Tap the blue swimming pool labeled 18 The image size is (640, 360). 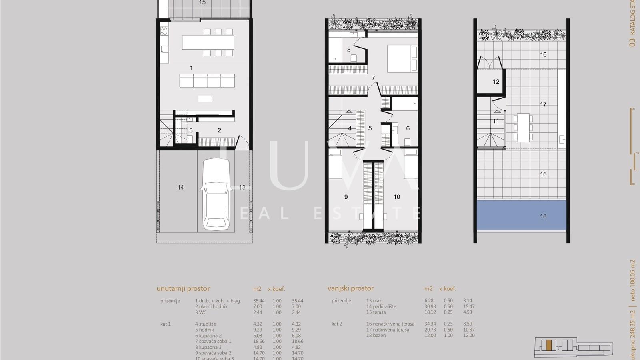click(x=521, y=215)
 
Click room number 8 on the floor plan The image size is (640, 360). click(x=349, y=50)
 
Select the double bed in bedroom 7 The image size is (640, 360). click(x=402, y=58)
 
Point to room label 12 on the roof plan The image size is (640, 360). click(x=496, y=82)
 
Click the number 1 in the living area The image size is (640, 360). click(x=191, y=68)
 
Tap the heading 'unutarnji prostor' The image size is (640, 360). click(x=183, y=288)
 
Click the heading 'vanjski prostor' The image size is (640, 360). click(x=350, y=288)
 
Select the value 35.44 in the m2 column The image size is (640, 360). click(x=259, y=301)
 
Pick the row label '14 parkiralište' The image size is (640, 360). click(x=381, y=306)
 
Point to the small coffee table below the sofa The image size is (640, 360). click(x=205, y=99)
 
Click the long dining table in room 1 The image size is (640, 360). click(x=208, y=42)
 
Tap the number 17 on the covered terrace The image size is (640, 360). click(x=543, y=104)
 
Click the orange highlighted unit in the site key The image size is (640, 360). click(x=549, y=345)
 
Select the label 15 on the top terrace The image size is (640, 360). click(x=202, y=3)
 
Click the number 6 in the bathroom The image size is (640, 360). click(x=408, y=128)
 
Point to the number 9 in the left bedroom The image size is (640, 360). click(x=346, y=197)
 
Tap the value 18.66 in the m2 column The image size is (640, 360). click(x=259, y=341)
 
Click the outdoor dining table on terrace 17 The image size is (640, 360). click(x=523, y=128)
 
